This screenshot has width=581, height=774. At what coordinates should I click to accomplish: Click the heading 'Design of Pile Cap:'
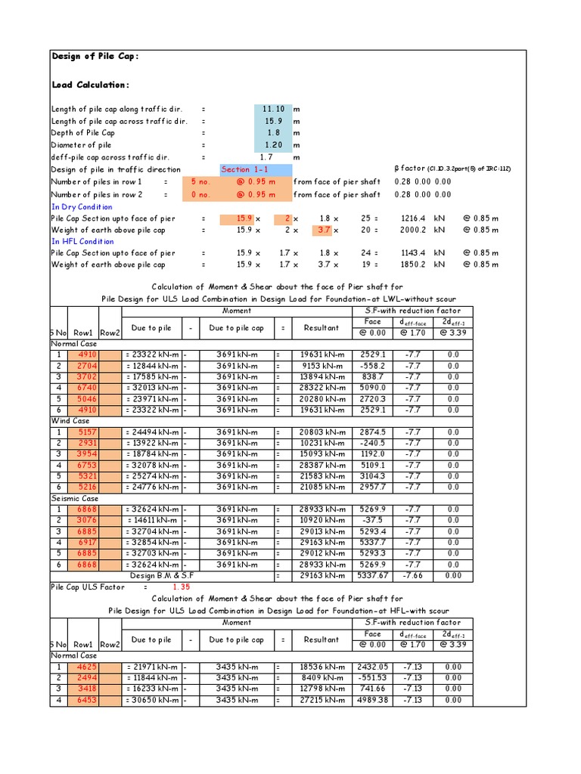pos(95,57)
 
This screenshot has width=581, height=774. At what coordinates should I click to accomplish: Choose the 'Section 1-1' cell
pos(244,169)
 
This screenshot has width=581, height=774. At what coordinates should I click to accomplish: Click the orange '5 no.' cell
pos(199,181)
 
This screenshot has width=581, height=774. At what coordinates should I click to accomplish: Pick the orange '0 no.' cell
pos(199,194)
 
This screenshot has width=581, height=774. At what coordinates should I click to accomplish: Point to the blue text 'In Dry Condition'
pos(82,206)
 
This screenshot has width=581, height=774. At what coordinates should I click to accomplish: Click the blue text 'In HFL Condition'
pos(81,242)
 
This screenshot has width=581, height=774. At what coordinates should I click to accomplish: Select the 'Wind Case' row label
pos(70,420)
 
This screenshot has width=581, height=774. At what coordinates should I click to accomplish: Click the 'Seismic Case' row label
pos(74,498)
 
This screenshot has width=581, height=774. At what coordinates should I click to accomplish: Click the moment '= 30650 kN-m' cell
pos(152,701)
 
